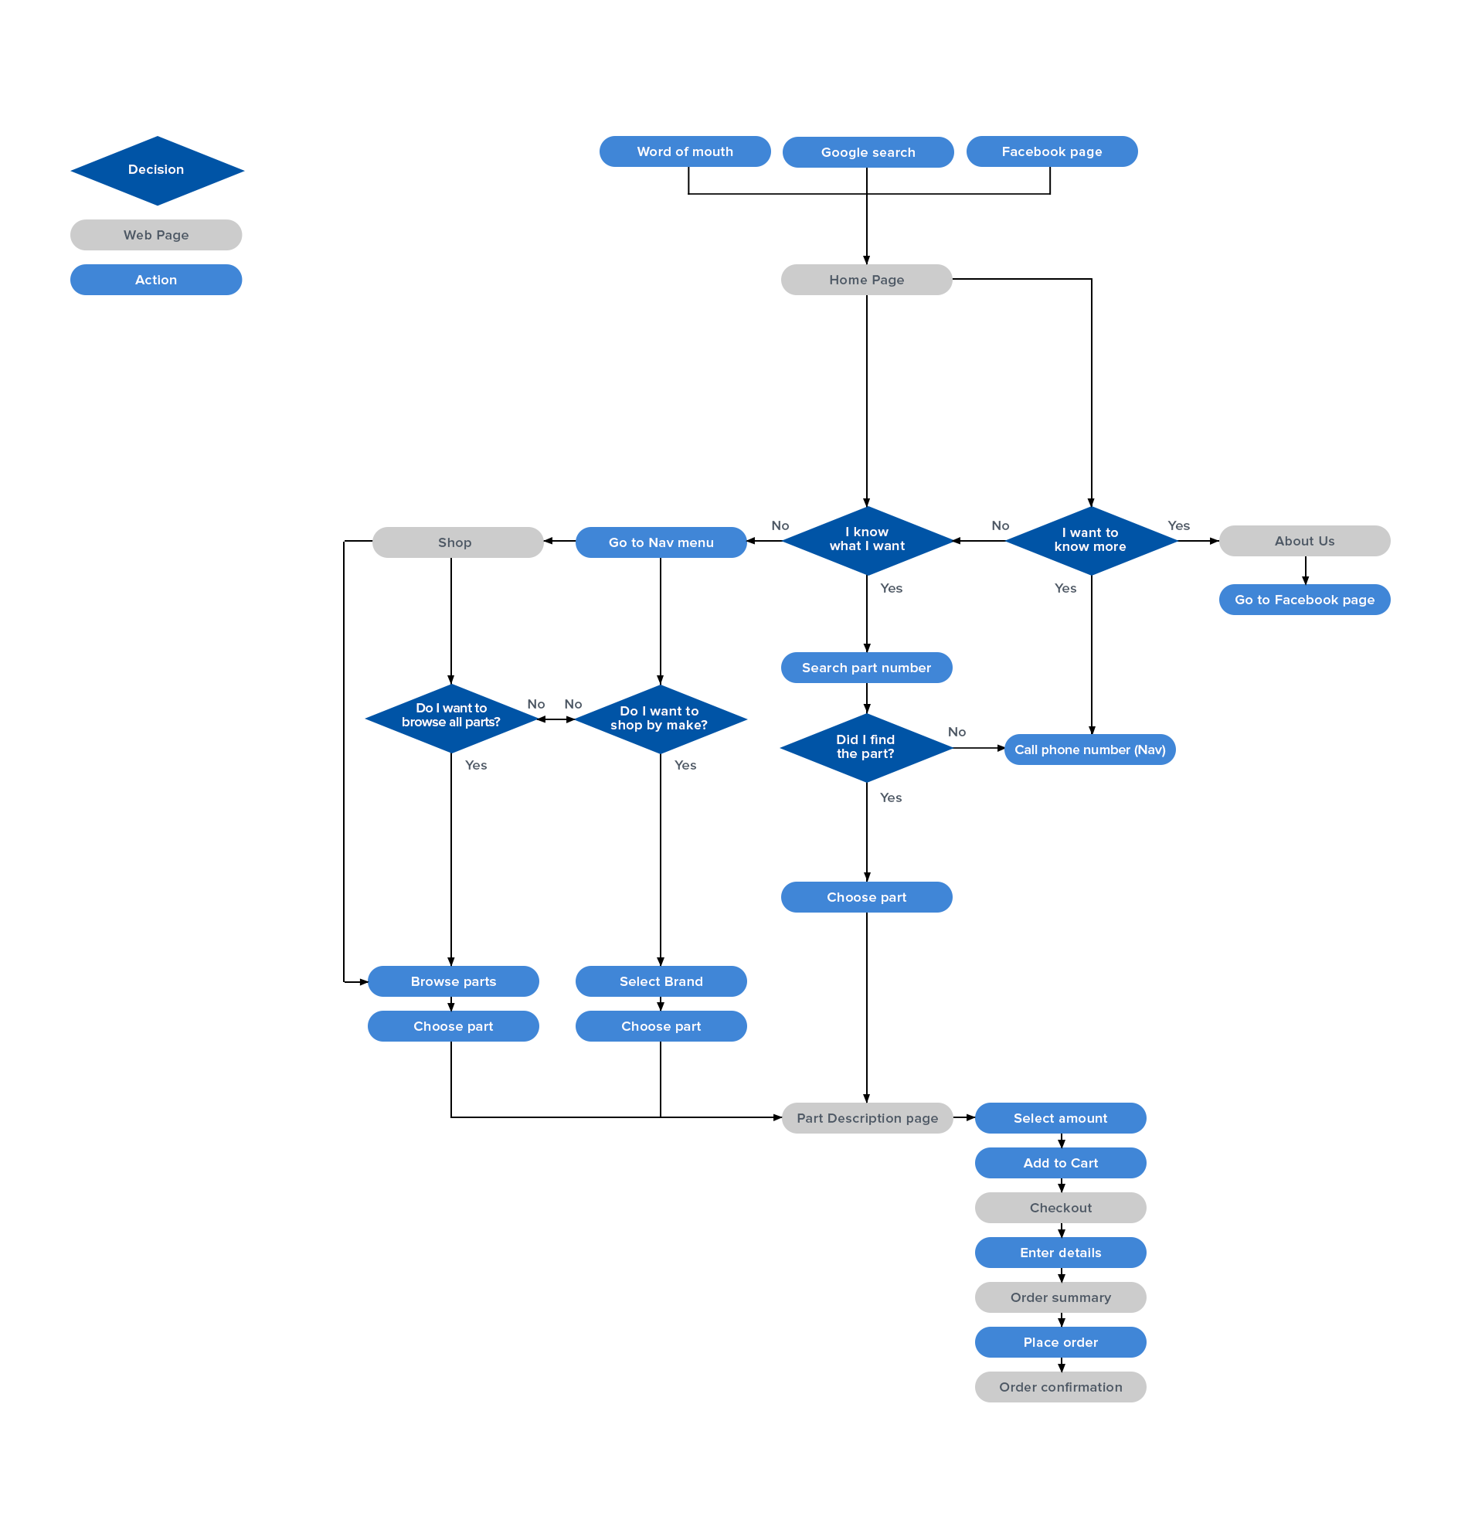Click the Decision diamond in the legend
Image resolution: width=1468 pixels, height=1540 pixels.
(157, 170)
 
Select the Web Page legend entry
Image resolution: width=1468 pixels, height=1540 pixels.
(156, 235)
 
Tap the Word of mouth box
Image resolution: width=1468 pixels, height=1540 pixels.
(685, 151)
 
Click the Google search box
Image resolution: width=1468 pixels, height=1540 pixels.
(868, 152)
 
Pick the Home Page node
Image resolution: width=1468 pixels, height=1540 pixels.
(866, 280)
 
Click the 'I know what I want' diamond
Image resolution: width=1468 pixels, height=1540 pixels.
(867, 540)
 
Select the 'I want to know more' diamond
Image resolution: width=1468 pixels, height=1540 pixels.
(1091, 540)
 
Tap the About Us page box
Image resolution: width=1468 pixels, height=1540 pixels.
(1304, 541)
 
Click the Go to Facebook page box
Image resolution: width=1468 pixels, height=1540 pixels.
(1304, 600)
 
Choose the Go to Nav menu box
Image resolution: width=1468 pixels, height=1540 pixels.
(661, 542)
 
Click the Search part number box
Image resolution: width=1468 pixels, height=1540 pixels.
(866, 668)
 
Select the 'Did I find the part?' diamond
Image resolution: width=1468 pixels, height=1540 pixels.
(865, 747)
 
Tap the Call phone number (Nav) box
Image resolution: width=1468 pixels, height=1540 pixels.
(1090, 750)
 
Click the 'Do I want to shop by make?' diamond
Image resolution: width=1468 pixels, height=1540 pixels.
(660, 719)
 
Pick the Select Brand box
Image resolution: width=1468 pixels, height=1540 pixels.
(661, 981)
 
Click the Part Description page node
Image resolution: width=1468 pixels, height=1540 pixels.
(867, 1118)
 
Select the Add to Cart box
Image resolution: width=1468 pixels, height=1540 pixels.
(1060, 1163)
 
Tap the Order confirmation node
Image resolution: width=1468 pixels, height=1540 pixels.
(1060, 1388)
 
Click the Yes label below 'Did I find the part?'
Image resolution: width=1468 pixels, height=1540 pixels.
(891, 797)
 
